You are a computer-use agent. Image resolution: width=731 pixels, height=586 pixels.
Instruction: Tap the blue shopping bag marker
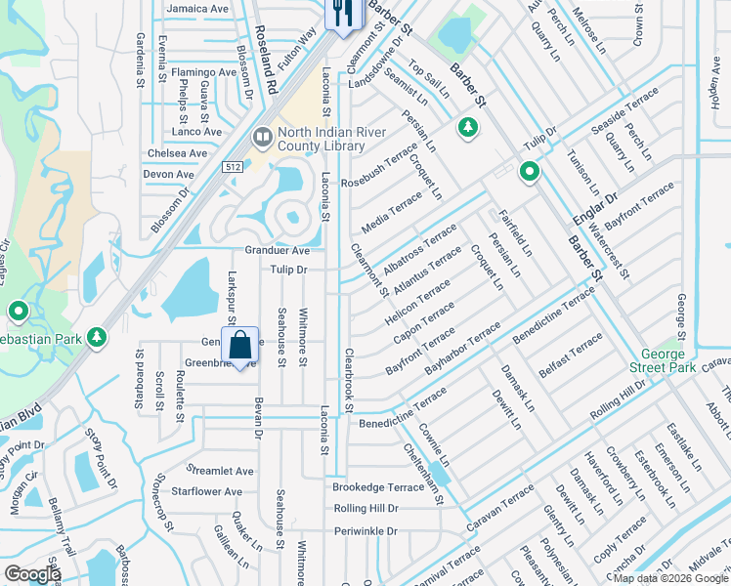pyautogui.click(x=240, y=346)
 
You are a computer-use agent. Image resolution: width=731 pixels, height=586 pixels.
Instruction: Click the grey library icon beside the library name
pyautogui.click(x=262, y=138)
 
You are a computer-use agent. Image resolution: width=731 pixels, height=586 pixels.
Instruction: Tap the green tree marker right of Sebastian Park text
pyautogui.click(x=96, y=337)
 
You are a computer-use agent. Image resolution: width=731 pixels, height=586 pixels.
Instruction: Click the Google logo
pyautogui.click(x=32, y=574)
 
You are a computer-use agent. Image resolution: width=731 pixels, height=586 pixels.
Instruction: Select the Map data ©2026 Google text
pyautogui.click(x=669, y=578)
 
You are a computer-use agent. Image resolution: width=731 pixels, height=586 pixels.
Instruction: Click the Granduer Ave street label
pyautogui.click(x=278, y=251)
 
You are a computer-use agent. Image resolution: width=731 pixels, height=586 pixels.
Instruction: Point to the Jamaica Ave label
pyautogui.click(x=197, y=9)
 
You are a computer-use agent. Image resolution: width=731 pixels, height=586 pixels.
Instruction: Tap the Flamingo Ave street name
pyautogui.click(x=204, y=72)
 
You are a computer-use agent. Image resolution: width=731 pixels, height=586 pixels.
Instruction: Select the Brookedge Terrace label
pyautogui.click(x=378, y=486)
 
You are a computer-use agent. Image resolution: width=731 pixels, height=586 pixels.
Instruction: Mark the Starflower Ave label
pyautogui.click(x=207, y=491)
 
